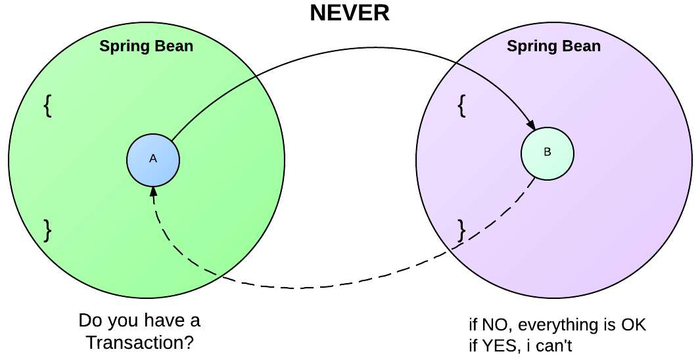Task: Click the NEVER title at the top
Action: (350, 13)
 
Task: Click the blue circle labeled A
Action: (153, 160)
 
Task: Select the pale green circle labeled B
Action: (548, 153)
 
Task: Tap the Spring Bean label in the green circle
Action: (147, 47)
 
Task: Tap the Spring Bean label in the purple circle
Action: (553, 47)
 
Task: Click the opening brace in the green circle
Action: (47, 105)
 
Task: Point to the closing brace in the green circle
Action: (47, 230)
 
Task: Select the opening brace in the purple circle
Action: (461, 105)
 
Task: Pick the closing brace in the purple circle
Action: (461, 230)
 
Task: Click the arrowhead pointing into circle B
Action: (530, 124)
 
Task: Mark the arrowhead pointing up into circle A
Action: (153, 191)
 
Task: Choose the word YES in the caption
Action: (498, 346)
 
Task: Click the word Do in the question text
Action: (90, 322)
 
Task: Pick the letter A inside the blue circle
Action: (153, 159)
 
